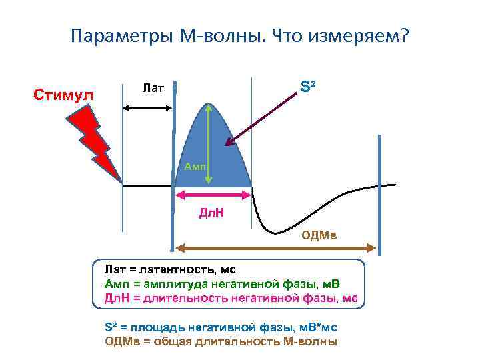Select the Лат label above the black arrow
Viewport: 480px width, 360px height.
pyautogui.click(x=154, y=88)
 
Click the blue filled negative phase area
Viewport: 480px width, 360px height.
pyautogui.click(x=230, y=160)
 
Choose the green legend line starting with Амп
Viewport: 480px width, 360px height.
pyautogui.click(x=224, y=284)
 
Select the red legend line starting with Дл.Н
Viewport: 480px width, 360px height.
pyautogui.click(x=231, y=297)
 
